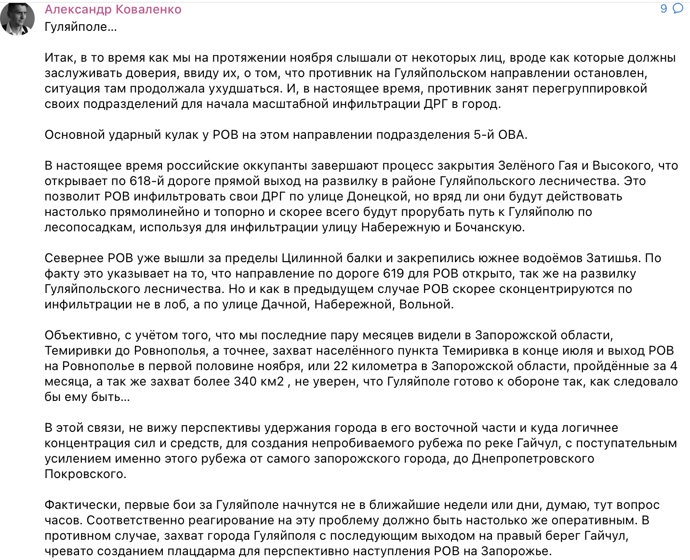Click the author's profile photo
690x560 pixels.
pos(18,18)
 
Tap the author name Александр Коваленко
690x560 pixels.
pos(113,10)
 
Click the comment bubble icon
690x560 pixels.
pos(677,9)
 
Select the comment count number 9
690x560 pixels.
pos(663,9)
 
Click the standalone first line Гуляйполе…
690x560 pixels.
pos(80,27)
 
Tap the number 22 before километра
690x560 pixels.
pos(341,366)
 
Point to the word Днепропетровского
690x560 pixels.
pos(533,459)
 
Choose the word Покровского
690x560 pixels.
pos(85,474)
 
